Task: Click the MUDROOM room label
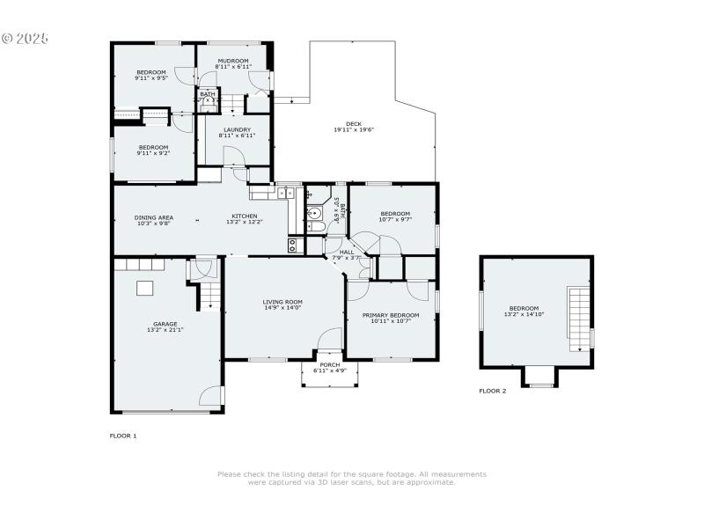(x=234, y=61)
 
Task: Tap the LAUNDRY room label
(x=237, y=130)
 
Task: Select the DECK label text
(x=354, y=124)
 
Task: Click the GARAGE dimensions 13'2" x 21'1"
(x=165, y=331)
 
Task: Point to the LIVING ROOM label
(x=282, y=302)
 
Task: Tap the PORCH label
(x=330, y=364)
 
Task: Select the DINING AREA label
(x=153, y=217)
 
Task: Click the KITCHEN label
(x=245, y=216)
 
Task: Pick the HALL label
(x=348, y=252)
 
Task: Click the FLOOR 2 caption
(x=493, y=391)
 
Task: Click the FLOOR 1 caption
(x=123, y=436)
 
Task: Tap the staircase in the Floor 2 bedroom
(x=578, y=319)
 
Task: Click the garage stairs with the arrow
(x=209, y=297)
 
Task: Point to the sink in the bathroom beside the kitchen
(x=314, y=211)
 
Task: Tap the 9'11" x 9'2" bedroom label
(x=153, y=148)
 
